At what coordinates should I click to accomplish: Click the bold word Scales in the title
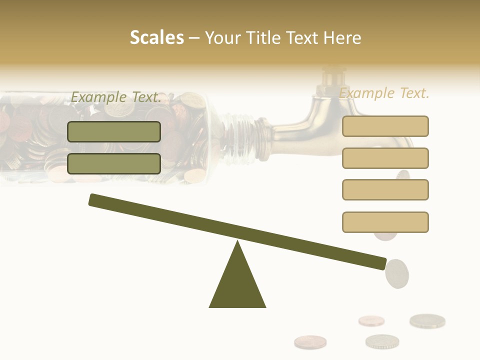157,37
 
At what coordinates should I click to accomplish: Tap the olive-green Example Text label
116,97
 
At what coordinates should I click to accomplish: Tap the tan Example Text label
384,93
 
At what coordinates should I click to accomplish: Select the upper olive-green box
114,131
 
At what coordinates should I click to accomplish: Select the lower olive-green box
114,163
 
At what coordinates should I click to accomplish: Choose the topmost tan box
385,126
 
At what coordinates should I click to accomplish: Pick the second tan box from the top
385,158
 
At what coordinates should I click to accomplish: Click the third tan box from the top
385,189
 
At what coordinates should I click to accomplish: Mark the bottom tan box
385,222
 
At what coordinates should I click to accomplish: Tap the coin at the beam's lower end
397,273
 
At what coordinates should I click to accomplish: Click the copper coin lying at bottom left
310,342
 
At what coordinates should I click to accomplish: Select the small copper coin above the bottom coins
371,320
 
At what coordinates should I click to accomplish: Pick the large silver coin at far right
427,320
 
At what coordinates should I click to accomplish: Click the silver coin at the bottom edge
382,341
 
